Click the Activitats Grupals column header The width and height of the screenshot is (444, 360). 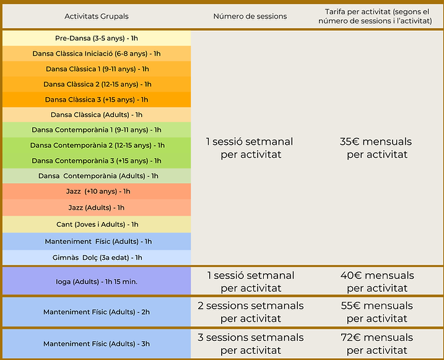[97, 17]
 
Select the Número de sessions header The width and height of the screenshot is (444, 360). [250, 17]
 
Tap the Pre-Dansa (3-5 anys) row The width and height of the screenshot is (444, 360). [97, 38]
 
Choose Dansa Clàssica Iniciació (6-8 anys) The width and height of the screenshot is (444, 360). [97, 53]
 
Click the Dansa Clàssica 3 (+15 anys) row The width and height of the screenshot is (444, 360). [97, 100]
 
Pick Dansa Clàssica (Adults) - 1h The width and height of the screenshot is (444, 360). [97, 115]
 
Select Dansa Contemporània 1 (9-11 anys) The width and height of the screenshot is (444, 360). [97, 130]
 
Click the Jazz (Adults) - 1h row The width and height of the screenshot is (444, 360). [97, 208]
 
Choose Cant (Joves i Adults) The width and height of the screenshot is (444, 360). [97, 225]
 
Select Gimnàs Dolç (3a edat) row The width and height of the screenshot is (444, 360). [97, 257]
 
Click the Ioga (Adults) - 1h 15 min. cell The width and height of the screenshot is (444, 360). [97, 281]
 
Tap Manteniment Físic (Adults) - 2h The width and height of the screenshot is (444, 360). [97, 312]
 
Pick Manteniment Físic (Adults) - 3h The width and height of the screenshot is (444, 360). [97, 343]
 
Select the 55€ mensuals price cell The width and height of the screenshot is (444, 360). [377, 312]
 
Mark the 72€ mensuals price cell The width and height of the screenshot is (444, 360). [377, 343]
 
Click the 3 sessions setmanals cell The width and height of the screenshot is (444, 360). [251, 343]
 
